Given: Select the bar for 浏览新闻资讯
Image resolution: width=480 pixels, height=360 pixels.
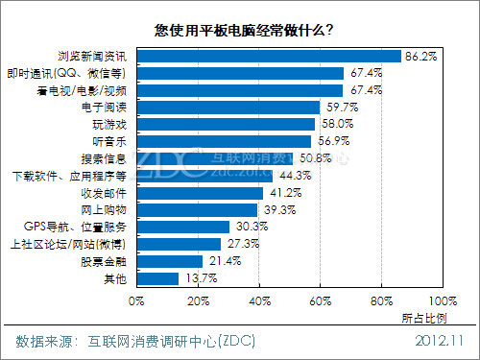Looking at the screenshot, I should [x=268, y=56].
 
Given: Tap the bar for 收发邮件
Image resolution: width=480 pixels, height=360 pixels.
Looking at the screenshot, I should [x=199, y=192].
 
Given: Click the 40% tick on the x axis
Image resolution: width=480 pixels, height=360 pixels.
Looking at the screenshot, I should [x=258, y=301].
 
